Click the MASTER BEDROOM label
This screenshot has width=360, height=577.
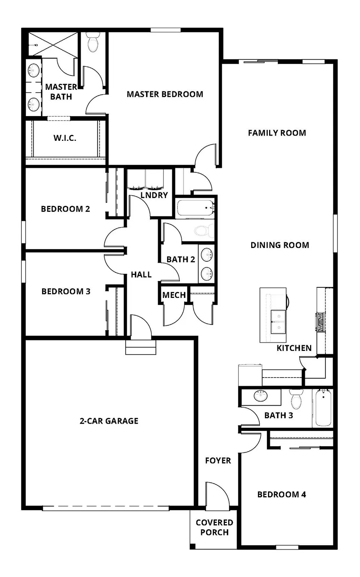(x=165, y=94)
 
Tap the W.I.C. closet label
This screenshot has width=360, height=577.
(x=65, y=138)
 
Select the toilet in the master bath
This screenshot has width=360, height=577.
(x=93, y=42)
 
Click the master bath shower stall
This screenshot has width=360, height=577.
(x=53, y=44)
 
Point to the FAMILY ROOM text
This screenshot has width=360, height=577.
(x=277, y=133)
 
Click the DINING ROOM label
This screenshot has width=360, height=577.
(x=280, y=245)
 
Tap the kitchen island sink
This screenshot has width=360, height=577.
(x=278, y=322)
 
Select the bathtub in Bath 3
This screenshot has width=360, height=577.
(x=323, y=408)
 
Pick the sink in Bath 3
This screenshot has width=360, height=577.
(x=261, y=396)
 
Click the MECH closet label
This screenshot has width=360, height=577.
(x=174, y=295)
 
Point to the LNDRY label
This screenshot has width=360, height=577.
(x=154, y=195)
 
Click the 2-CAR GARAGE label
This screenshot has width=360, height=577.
(x=109, y=421)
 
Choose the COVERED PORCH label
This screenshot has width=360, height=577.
(x=214, y=527)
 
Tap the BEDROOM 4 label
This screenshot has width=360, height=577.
(x=282, y=495)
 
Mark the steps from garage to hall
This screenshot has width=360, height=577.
(x=141, y=347)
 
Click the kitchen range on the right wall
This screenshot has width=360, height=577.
(x=321, y=322)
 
